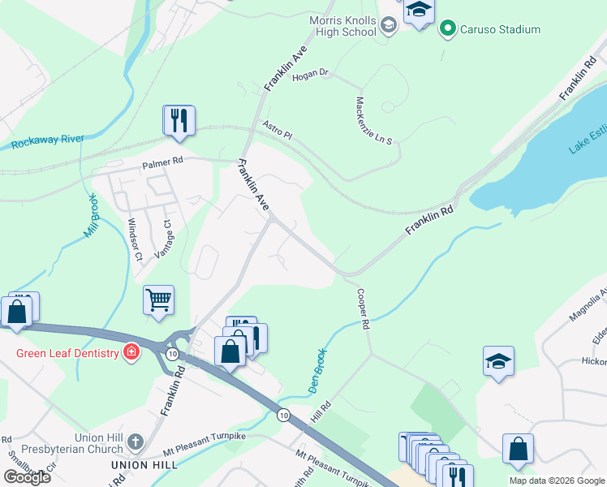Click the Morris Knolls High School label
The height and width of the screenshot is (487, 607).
point(342,26)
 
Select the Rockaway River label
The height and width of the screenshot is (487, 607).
point(48,142)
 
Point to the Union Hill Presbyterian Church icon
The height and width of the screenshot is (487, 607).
point(136,442)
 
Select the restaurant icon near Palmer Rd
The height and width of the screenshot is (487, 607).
point(179,121)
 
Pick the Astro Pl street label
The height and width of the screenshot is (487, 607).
point(277,130)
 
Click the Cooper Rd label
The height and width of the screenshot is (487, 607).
point(363,311)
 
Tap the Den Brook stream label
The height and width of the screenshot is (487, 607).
point(319,372)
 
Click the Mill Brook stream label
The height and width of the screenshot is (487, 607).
point(90,214)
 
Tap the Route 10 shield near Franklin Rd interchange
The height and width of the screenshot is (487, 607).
point(172,355)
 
